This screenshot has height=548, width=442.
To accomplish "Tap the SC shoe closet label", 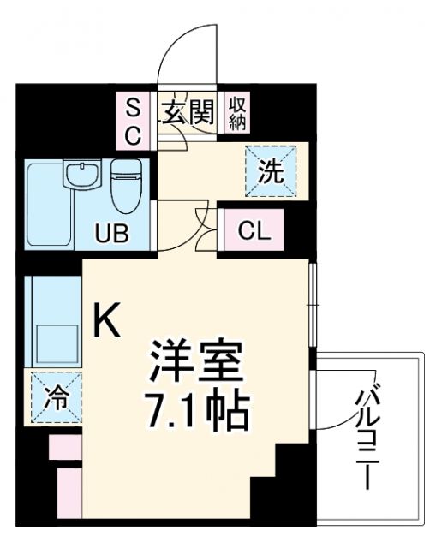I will click(134, 121).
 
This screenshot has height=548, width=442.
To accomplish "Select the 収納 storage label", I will click(238, 112).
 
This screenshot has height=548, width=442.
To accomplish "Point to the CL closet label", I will click(254, 230).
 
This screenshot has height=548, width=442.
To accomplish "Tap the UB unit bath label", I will click(111, 232).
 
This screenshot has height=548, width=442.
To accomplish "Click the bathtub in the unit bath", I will click(48, 205).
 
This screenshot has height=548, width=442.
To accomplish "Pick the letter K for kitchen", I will click(108, 321).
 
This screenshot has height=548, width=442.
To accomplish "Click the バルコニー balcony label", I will click(369, 437).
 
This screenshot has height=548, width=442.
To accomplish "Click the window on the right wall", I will click(314, 303).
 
